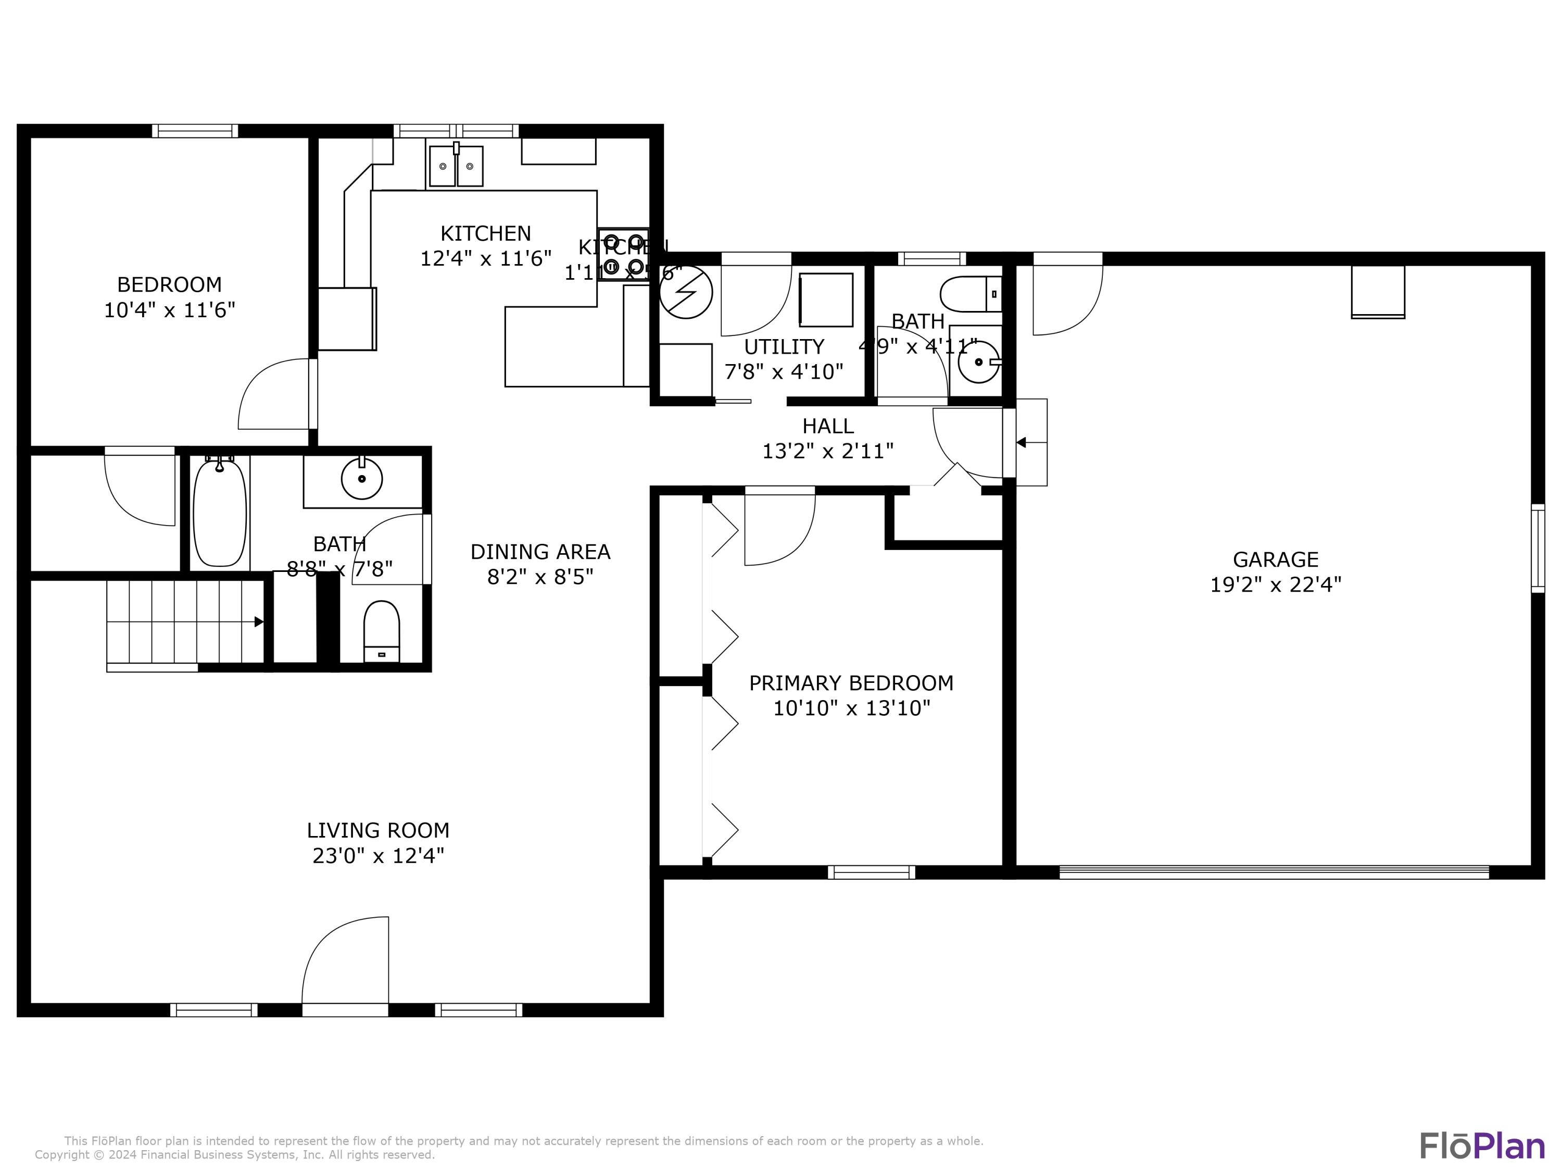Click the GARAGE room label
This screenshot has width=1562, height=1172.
1275,559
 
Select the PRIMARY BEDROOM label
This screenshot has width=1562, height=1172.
851,683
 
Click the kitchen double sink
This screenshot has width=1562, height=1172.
456,166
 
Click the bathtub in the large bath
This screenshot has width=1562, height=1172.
220,512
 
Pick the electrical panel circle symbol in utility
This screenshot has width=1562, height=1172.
686,292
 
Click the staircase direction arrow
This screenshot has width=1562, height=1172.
258,621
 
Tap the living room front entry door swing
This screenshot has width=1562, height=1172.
346,961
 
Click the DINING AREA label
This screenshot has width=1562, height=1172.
540,552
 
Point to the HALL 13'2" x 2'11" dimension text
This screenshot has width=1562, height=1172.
828,451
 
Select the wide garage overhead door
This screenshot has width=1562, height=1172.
1274,872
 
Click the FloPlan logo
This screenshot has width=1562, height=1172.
1481,1146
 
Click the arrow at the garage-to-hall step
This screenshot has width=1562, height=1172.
1022,442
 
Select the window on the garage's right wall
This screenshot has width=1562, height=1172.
1538,548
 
